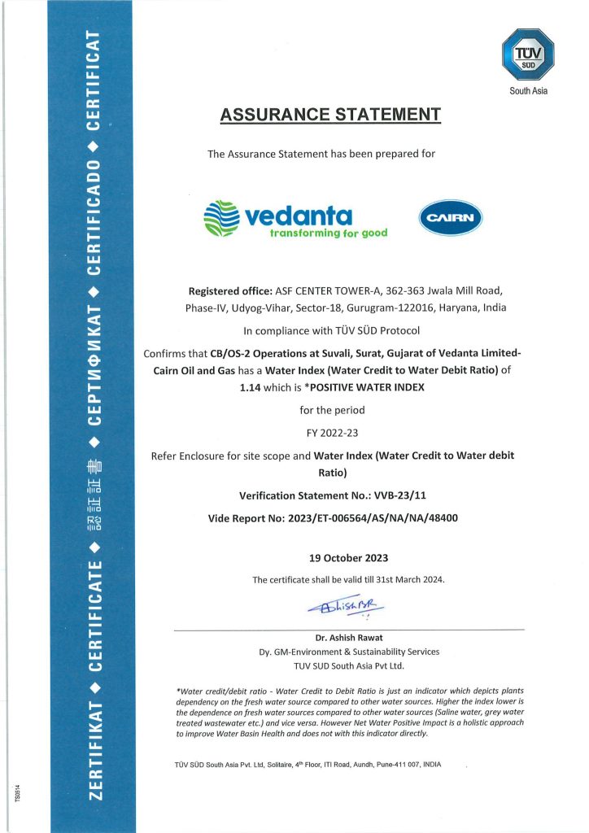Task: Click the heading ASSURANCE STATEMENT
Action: pyautogui.click(x=330, y=115)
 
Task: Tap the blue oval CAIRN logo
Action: pyautogui.click(x=451, y=217)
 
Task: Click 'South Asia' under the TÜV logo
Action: pyautogui.click(x=529, y=91)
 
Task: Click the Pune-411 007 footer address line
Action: pyautogui.click(x=308, y=765)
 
